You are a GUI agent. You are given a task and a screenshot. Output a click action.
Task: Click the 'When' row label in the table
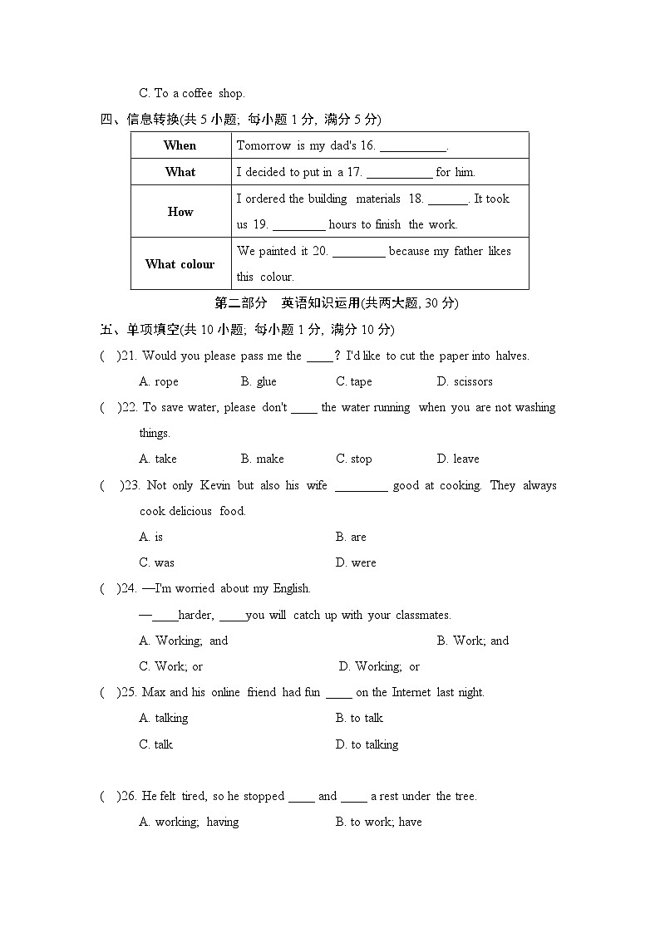coord(180,145)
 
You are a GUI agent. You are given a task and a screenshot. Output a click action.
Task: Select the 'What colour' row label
coord(180,264)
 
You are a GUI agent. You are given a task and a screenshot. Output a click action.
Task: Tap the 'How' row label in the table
coord(180,212)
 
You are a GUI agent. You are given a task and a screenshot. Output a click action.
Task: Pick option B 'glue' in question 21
coord(259,382)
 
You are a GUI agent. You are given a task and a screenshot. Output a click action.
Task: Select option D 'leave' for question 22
coord(457,459)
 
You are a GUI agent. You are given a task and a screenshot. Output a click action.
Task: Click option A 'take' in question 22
coord(158,459)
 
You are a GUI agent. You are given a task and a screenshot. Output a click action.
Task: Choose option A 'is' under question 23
coord(151,538)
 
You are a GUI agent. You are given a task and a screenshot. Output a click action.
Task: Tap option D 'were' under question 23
coord(356,563)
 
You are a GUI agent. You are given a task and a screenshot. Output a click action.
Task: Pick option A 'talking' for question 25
coord(164,719)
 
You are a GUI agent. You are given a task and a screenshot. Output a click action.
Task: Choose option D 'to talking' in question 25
coord(367,745)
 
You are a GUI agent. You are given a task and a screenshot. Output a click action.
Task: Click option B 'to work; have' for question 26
coord(378,823)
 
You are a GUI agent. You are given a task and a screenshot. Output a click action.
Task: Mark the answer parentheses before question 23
coord(109,486)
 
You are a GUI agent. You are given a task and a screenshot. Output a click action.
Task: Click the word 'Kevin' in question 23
coord(215,486)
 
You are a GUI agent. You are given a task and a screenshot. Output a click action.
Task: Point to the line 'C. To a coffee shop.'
coord(192,94)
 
